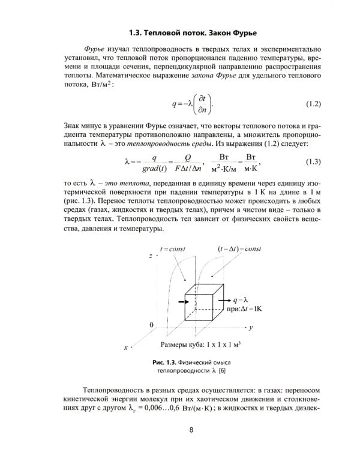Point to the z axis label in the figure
point(149,256)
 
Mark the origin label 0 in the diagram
point(151,324)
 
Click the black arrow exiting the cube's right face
point(224,298)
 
